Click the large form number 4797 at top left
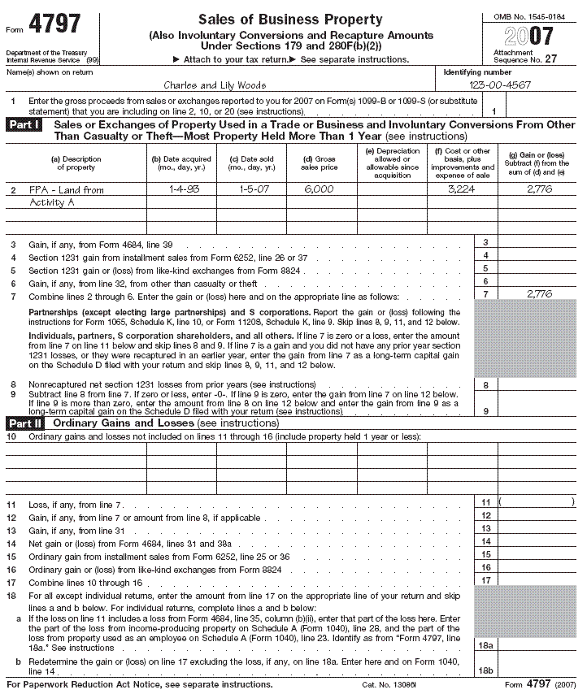click(55, 24)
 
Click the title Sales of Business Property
click(290, 20)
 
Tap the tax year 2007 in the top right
click(528, 36)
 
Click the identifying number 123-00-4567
click(502, 85)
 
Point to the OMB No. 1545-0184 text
click(528, 15)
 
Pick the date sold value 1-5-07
click(250, 189)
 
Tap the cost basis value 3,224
click(461, 189)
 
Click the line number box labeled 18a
click(485, 644)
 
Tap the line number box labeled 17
click(485, 580)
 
